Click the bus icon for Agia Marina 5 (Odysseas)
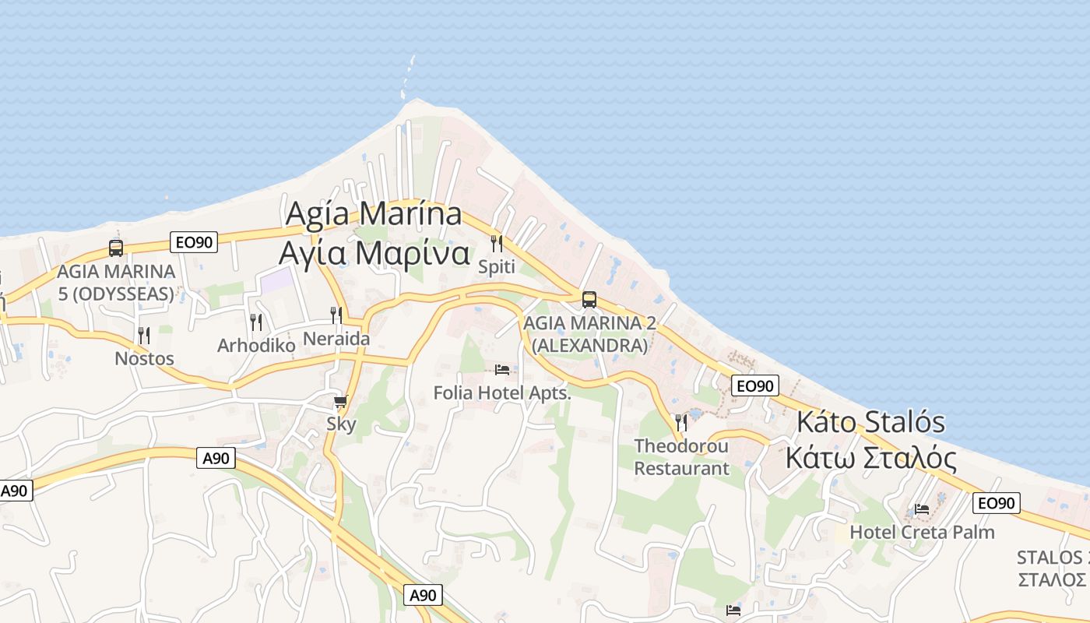116,248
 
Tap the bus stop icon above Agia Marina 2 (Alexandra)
589,300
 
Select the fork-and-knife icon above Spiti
497,243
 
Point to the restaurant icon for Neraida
336,315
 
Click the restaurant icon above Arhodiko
255,321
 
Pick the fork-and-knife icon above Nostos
144,335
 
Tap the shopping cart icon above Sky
340,402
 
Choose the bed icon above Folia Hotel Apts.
502,369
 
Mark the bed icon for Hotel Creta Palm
922,509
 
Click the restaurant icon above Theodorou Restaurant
681,422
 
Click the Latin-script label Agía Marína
374,214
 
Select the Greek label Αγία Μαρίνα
374,253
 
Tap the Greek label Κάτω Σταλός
870,458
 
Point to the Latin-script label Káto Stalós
870,423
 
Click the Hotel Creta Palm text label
922,533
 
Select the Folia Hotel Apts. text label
502,393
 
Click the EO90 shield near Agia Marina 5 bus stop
194,242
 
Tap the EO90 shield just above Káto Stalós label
754,385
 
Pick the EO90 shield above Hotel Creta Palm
996,503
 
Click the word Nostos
144,359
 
